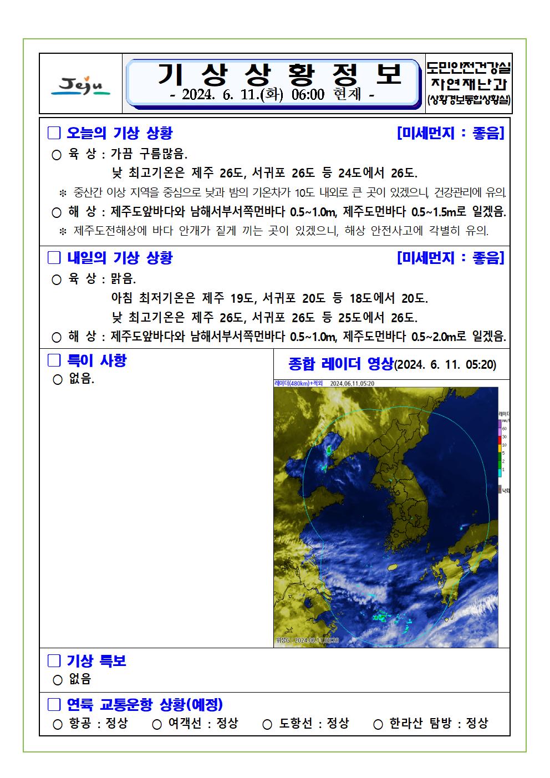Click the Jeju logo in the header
(x=81, y=84)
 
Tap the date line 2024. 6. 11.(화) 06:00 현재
(x=272, y=95)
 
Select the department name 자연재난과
(x=469, y=84)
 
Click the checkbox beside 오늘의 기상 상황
(x=54, y=133)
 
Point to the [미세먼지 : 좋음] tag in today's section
(x=451, y=133)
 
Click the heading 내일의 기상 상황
(x=120, y=258)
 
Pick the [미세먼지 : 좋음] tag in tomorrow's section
(x=451, y=258)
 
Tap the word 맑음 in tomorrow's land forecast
(x=124, y=278)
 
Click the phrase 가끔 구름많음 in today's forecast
(x=150, y=154)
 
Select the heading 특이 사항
(x=96, y=360)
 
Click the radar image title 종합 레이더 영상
(x=340, y=364)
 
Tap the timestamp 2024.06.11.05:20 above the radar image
(x=352, y=383)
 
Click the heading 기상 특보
(x=96, y=660)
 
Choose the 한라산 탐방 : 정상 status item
(x=438, y=723)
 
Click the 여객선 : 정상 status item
(x=203, y=723)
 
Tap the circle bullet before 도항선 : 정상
(x=267, y=724)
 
